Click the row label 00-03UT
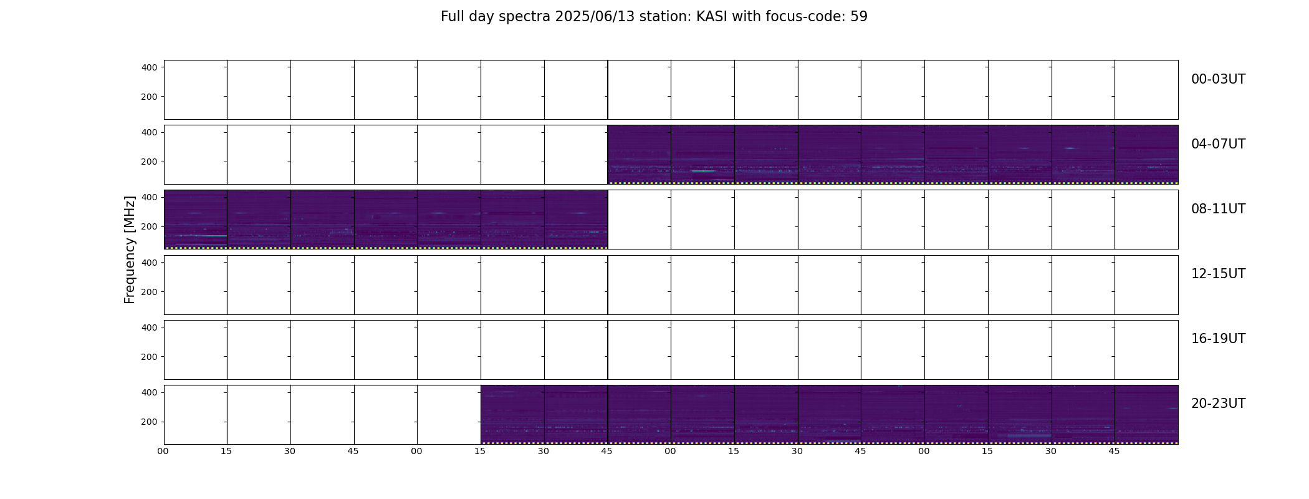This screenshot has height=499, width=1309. click(1218, 79)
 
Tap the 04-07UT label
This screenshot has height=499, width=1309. click(1218, 144)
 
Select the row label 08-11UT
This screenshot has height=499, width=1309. click(1218, 209)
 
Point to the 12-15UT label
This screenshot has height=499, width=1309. click(1218, 274)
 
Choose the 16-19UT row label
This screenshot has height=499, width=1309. click(1218, 339)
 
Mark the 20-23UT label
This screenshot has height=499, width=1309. click(1218, 404)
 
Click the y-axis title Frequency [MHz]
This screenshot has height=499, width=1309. click(130, 249)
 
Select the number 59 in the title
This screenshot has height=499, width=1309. click(859, 17)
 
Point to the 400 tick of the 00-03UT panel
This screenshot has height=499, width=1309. click(149, 67)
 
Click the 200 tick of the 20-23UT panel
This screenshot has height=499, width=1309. click(149, 422)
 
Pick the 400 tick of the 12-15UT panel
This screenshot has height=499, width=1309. click(149, 263)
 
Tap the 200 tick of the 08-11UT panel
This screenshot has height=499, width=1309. click(149, 227)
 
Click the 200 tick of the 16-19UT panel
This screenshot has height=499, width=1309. click(149, 357)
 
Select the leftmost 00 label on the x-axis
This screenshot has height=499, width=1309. click(163, 451)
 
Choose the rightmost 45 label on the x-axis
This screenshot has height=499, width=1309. click(1114, 451)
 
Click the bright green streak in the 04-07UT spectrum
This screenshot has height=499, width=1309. click(703, 171)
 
